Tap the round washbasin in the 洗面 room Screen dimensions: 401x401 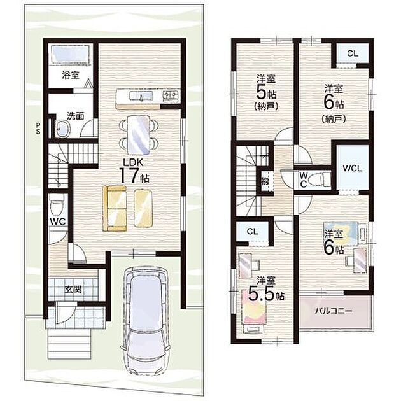pos(62,129)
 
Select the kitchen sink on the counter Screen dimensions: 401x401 pos(141,96)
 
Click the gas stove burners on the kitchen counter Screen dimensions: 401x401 pos(170,96)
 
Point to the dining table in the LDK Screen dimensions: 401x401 pos(138,135)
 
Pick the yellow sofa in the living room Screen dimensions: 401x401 pos(115,208)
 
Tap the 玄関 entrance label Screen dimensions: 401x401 pos(73,289)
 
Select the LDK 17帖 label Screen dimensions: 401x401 pos(134,171)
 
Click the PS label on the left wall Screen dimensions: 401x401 pos(38,129)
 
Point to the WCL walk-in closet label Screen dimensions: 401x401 pos(353,168)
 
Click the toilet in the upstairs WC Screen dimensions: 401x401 pos(319,179)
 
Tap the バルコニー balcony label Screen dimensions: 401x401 pos(334,311)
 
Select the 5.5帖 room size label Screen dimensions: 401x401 pos(266,295)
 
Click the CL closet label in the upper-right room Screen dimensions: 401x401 pos(353,53)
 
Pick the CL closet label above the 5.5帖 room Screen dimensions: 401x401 pos(253,232)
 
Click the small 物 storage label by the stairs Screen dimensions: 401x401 pos(265,181)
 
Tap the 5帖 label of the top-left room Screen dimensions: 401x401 pos(266,93)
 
